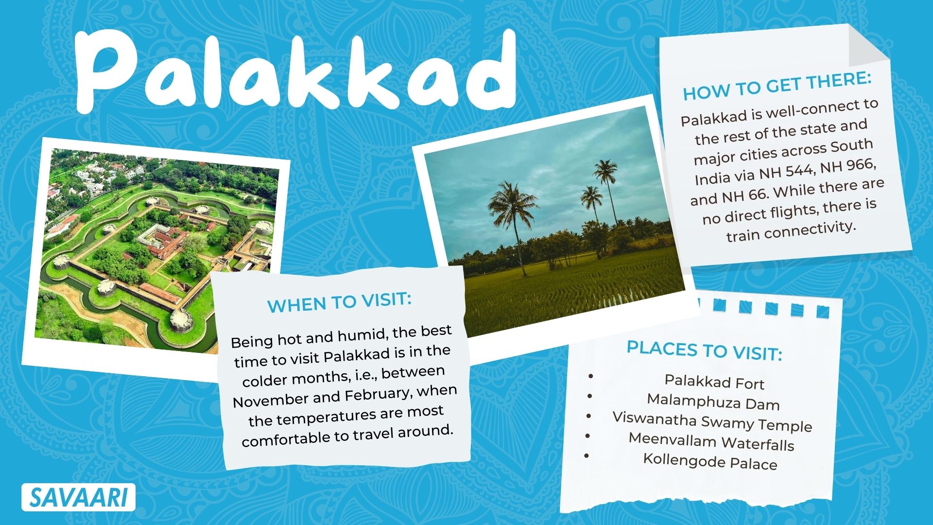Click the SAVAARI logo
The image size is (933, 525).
[78, 497]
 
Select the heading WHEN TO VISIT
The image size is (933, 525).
[339, 303]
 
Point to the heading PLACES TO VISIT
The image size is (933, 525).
[704, 350]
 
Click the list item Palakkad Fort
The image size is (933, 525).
[714, 383]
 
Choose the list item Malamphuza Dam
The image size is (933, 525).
[713, 402]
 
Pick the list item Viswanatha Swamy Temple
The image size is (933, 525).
[712, 421]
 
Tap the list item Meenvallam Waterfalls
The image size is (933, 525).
[711, 441]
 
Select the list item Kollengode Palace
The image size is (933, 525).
[710, 461]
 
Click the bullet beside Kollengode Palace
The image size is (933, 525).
[587, 456]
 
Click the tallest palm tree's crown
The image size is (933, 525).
[605, 170]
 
